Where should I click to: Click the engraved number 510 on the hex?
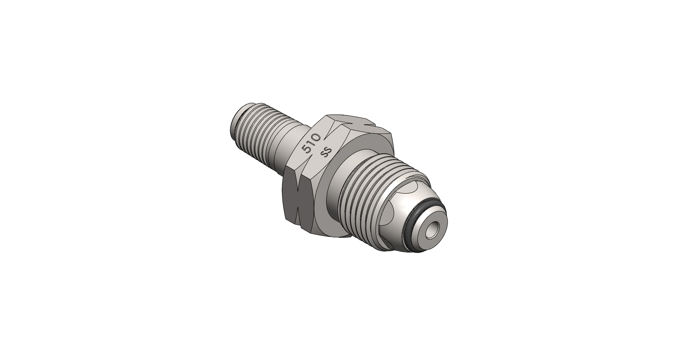[x=311, y=143]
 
